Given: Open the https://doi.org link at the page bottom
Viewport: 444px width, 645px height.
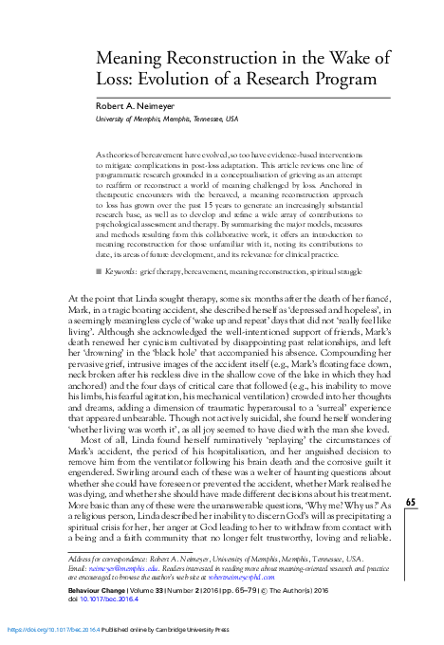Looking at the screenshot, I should coord(46,629).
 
